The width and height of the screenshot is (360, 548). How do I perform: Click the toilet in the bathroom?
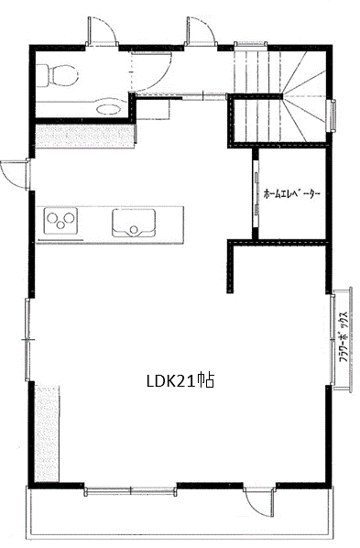[x=57, y=75]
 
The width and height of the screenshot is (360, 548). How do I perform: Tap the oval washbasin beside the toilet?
[x=108, y=109]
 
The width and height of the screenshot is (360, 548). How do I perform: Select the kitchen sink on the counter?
[x=134, y=223]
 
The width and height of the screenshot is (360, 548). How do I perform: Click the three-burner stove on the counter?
[x=60, y=221]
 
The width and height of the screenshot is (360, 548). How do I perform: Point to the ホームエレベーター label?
[x=292, y=193]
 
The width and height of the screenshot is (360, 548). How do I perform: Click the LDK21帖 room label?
[x=180, y=380]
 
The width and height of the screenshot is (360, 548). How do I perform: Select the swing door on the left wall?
[x=16, y=175]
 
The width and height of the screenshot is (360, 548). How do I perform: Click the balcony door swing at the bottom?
[x=258, y=502]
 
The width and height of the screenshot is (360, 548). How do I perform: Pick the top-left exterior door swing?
[x=102, y=31]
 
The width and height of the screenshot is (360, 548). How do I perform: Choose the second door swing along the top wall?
[x=201, y=31]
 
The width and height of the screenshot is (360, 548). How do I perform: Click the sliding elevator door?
[x=256, y=193]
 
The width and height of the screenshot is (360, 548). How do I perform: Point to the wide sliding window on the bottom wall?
[x=130, y=490]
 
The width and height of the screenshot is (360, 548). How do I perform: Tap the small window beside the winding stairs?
[x=331, y=115]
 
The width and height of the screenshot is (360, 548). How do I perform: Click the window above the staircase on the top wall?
[x=250, y=44]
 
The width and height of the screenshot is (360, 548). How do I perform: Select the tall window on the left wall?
[x=28, y=339]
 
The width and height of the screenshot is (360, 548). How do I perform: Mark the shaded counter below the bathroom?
[x=85, y=137]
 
